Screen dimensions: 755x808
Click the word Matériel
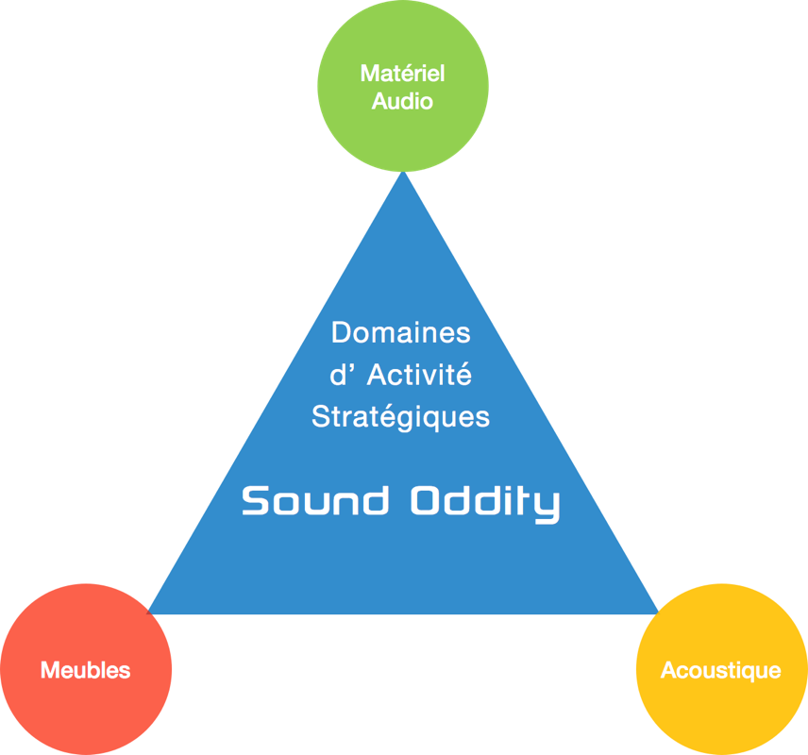403,74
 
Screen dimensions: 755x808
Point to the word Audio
402,101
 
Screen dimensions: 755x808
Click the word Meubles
86,671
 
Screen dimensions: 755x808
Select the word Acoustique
721,671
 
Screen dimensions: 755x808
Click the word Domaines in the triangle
401,333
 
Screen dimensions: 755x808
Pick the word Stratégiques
401,416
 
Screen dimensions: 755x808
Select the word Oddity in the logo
485,502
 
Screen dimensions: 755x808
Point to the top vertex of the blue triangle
404,175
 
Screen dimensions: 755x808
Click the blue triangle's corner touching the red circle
152,612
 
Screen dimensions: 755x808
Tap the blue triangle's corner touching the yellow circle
655,612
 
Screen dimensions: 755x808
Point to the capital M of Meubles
49,671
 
